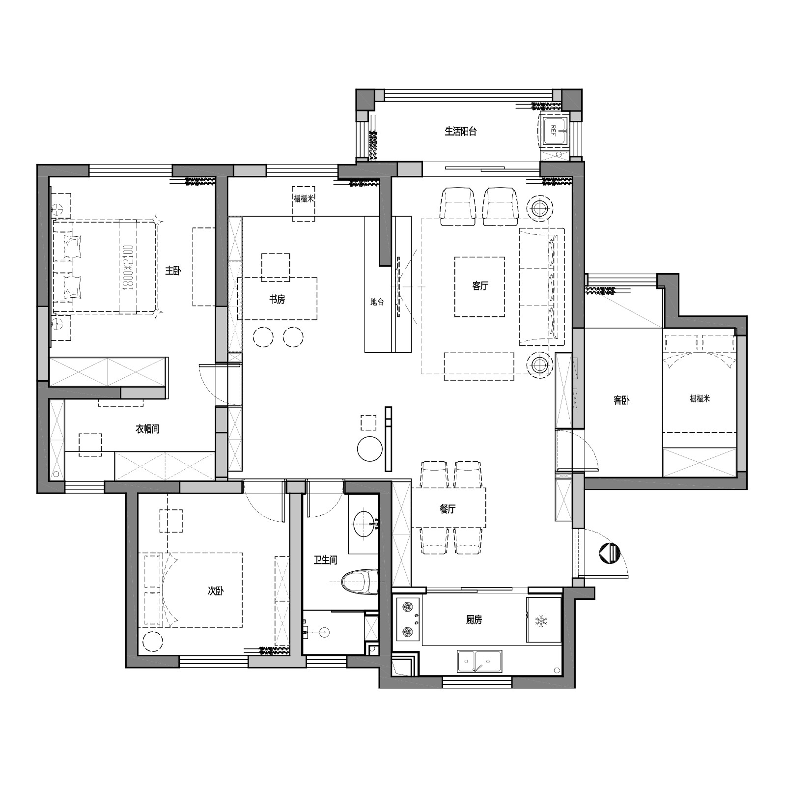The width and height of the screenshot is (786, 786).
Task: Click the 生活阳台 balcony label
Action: point(460,131)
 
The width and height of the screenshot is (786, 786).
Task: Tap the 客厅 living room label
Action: point(480,286)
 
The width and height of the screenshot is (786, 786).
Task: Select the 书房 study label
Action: point(277,299)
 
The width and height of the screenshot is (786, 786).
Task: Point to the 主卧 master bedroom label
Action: point(173,271)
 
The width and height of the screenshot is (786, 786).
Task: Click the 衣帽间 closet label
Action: point(147,429)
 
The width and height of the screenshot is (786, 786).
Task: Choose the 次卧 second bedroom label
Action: point(216,591)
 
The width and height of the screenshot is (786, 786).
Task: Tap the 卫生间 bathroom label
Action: point(326,560)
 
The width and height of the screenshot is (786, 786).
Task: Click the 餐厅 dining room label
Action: point(448,509)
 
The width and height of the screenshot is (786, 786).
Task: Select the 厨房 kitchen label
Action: point(474,620)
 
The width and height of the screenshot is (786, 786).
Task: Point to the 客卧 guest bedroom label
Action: point(621,400)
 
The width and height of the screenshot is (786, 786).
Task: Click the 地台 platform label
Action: point(377,302)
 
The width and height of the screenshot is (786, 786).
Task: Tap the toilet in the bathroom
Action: point(360,582)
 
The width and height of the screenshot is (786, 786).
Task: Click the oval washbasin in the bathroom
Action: point(365,524)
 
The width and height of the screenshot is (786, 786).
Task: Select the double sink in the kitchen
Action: point(479,661)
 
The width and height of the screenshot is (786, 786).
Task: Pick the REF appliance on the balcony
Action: point(554,130)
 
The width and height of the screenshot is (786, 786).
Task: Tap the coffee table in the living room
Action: point(479,287)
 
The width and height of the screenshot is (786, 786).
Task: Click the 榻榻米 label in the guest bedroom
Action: point(700,398)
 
